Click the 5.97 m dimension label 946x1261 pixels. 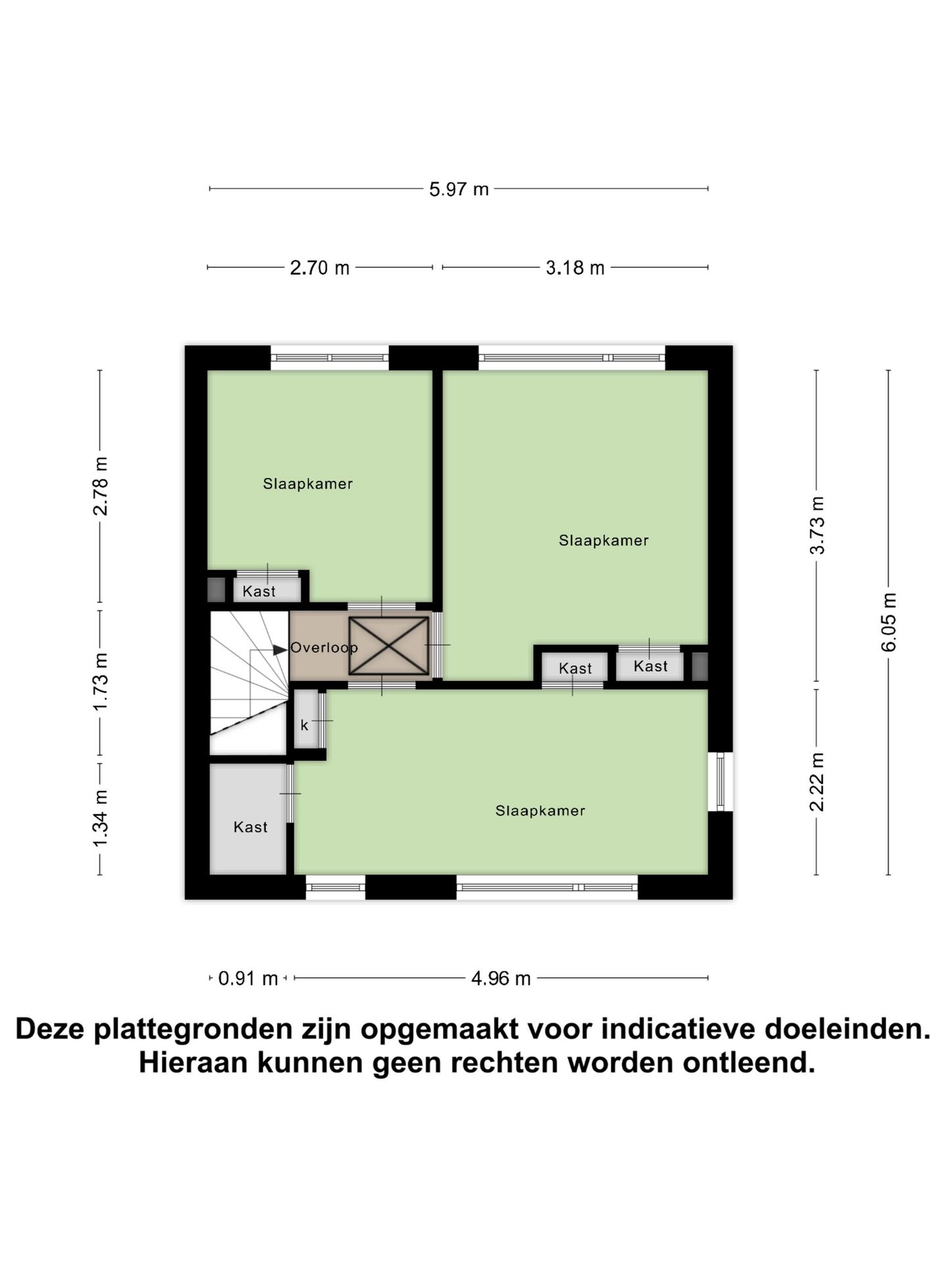tap(459, 189)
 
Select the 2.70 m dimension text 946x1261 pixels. tap(320, 268)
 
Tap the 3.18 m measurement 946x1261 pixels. tap(575, 268)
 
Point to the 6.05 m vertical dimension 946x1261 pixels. tap(888, 621)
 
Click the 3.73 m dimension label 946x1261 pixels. tap(817, 525)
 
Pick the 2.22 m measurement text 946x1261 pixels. tap(817, 782)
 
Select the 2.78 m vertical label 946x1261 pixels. tap(100, 486)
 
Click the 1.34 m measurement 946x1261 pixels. tap(100, 819)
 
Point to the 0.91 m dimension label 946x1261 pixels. tap(248, 979)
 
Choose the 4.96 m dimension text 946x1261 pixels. tap(501, 979)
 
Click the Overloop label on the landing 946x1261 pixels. tap(324, 648)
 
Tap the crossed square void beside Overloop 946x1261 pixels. tap(388, 646)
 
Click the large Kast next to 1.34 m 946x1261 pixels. tap(250, 826)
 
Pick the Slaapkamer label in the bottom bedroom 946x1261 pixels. tap(540, 810)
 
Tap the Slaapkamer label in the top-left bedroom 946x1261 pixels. tap(307, 484)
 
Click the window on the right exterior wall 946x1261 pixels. tap(720, 782)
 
